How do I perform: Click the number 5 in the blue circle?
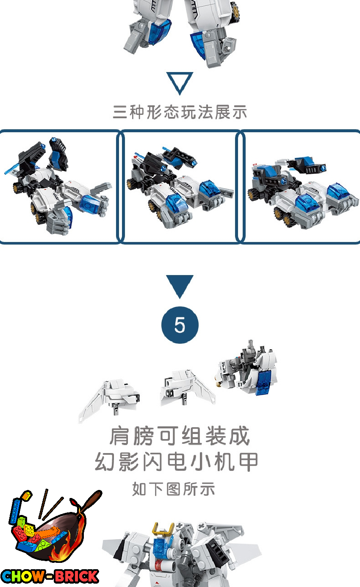[180, 325]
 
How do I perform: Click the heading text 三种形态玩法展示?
[180, 112]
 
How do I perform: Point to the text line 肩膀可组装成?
[180, 436]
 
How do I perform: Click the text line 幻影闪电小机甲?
[177, 462]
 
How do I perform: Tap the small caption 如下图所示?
[174, 489]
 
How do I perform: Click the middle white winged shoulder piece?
[187, 388]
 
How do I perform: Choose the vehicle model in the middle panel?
[180, 187]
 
